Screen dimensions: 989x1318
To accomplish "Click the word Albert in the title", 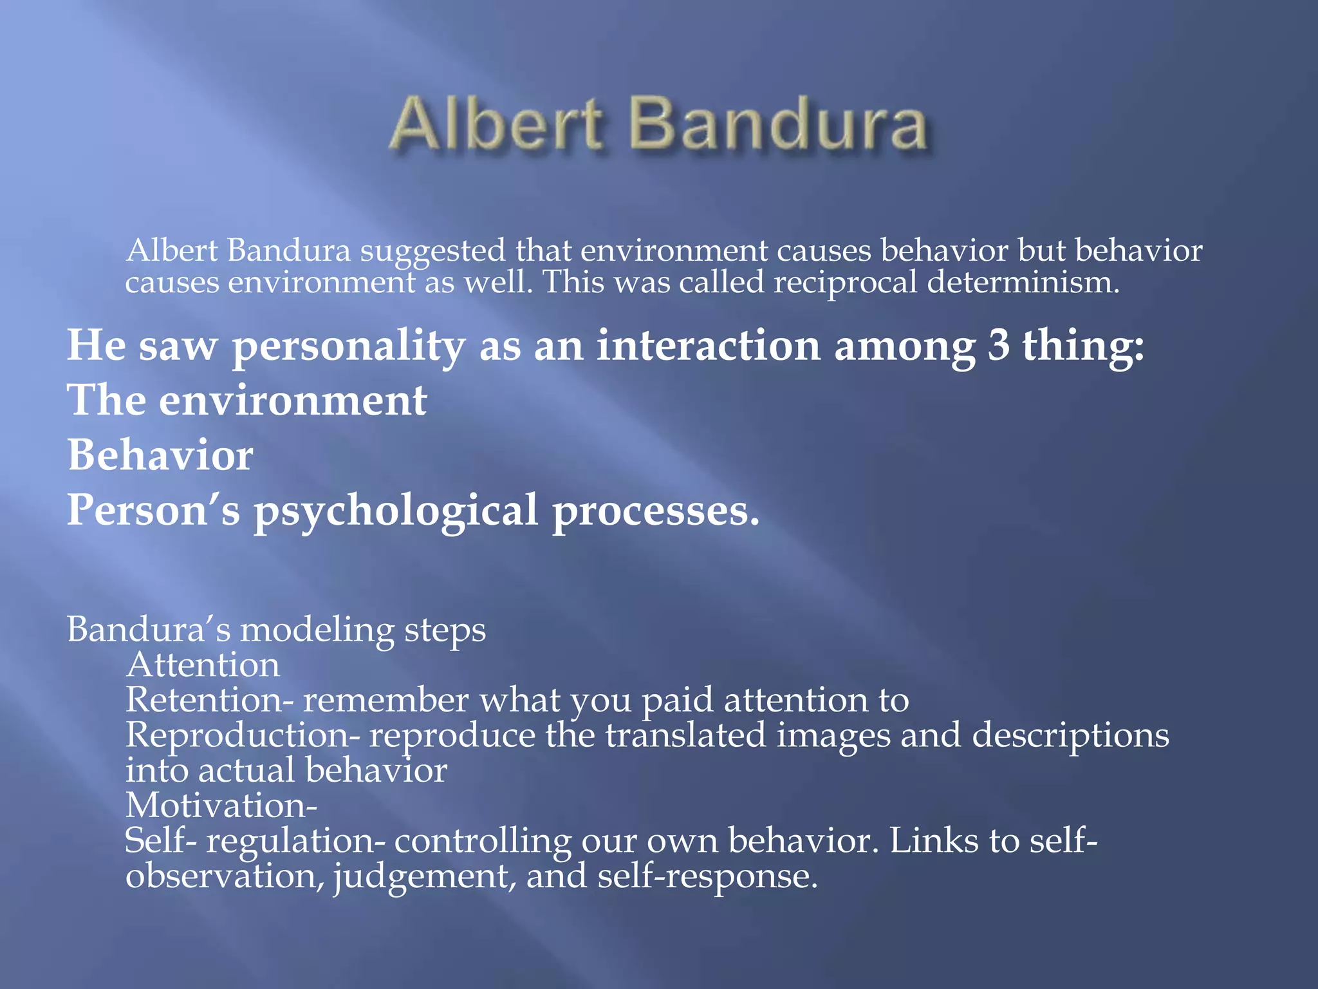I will (496, 124).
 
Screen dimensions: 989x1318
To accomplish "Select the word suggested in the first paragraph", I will (432, 251).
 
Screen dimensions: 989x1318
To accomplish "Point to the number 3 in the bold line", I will (998, 345).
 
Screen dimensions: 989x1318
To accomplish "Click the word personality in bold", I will (348, 346).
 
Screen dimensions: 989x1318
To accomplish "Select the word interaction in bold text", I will (708, 345).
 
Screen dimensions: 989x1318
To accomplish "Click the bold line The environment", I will (247, 400).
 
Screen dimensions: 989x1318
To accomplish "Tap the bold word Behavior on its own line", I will (160, 455).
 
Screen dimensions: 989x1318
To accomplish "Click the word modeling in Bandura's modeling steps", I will (317, 630).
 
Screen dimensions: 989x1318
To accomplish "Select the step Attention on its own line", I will (203, 664).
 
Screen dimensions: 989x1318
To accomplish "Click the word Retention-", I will (209, 700).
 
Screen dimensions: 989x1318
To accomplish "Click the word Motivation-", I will (221, 805).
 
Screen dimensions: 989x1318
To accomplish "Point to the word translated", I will (685, 735).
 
